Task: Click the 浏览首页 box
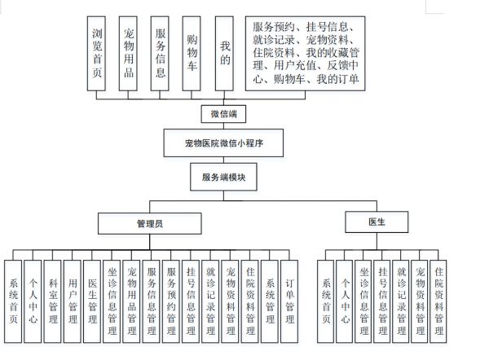click(x=96, y=54)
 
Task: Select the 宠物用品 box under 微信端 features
click(x=128, y=54)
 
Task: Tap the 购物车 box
click(x=192, y=54)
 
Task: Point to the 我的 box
click(x=224, y=54)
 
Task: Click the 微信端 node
click(x=223, y=114)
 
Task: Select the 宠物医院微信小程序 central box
click(x=223, y=143)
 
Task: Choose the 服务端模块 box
click(x=223, y=177)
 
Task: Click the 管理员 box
click(x=150, y=223)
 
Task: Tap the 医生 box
click(x=377, y=222)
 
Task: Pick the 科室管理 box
click(x=53, y=301)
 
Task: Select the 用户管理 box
click(x=73, y=301)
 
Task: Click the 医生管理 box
click(x=92, y=301)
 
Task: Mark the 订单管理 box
click(x=289, y=301)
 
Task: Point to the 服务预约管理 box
click(x=171, y=301)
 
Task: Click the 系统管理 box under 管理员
click(x=270, y=301)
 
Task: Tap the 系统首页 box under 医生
click(x=326, y=301)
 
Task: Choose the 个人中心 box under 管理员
click(x=33, y=301)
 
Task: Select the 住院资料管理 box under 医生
click(x=438, y=301)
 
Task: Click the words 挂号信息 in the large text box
click(x=328, y=27)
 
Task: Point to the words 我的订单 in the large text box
click(x=337, y=79)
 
